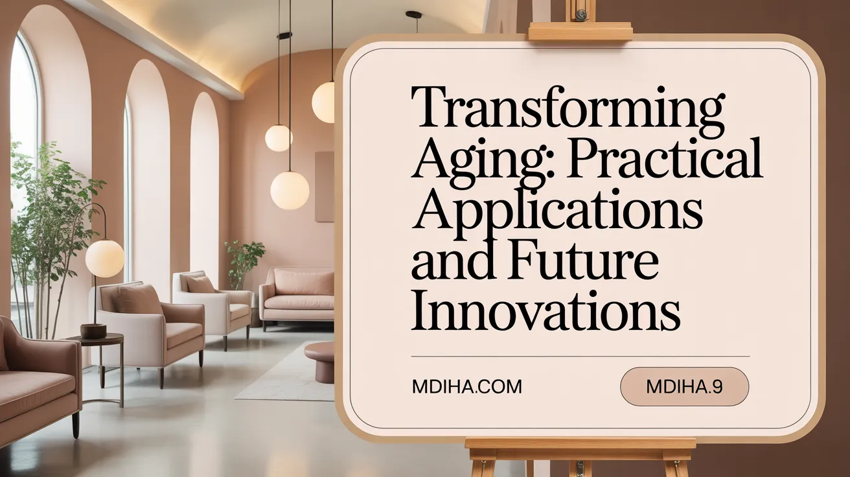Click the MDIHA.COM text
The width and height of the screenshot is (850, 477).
click(x=466, y=387)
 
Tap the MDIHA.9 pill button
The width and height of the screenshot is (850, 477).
click(x=684, y=387)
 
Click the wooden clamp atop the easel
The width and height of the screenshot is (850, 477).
click(x=580, y=30)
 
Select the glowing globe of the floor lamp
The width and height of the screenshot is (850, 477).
click(x=104, y=258)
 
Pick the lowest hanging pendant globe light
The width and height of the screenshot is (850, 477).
click(x=290, y=190)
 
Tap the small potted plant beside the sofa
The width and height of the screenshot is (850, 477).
click(x=245, y=260)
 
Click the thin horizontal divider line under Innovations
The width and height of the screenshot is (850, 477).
click(x=580, y=356)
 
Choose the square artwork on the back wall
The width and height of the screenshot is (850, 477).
click(x=325, y=187)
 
